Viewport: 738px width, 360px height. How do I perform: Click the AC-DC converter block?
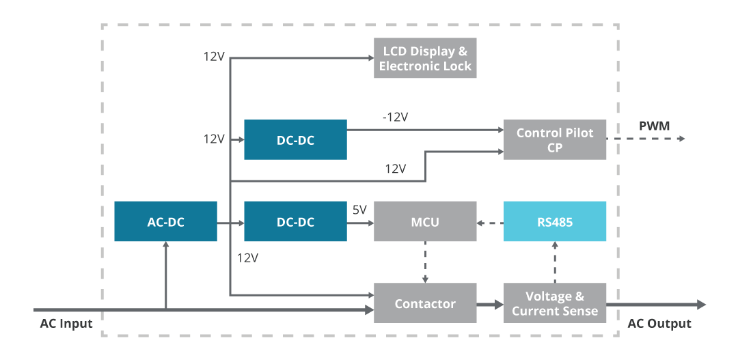click(165, 221)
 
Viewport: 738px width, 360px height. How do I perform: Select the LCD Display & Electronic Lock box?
click(425, 59)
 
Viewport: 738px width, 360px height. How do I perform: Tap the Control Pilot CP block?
click(554, 139)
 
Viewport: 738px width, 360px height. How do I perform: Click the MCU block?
click(425, 221)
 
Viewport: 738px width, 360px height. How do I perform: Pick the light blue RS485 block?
click(554, 221)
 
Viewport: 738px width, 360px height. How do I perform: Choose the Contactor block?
click(425, 303)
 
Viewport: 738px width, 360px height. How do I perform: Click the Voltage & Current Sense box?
click(554, 303)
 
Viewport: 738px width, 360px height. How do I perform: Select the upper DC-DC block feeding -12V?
click(295, 139)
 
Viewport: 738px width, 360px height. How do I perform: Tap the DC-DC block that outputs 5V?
click(295, 221)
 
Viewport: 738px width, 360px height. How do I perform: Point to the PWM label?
click(655, 126)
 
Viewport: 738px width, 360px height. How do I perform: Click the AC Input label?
click(66, 324)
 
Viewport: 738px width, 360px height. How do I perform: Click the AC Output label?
click(659, 324)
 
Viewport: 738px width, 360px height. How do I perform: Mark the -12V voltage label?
click(395, 117)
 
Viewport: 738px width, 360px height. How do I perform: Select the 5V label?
click(359, 210)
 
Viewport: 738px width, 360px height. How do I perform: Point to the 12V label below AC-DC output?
click(247, 258)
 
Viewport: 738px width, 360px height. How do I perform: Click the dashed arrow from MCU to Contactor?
click(425, 262)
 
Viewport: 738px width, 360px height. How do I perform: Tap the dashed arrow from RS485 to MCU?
click(490, 222)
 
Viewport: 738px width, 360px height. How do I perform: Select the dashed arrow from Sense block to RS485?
click(554, 262)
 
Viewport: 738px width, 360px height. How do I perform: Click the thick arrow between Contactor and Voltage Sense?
click(489, 303)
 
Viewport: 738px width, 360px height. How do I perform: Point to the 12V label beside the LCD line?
click(214, 57)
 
